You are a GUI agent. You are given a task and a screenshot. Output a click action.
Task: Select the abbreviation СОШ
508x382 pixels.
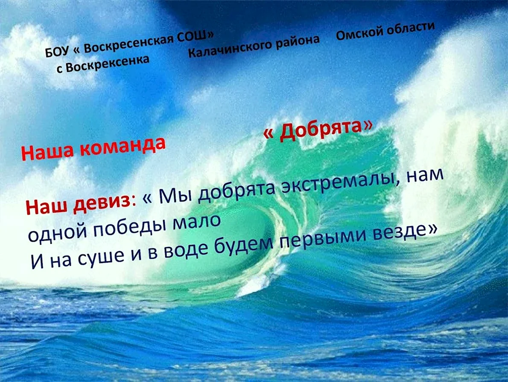coord(192,37)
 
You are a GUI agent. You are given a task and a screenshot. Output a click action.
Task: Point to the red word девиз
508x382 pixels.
coord(102,202)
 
